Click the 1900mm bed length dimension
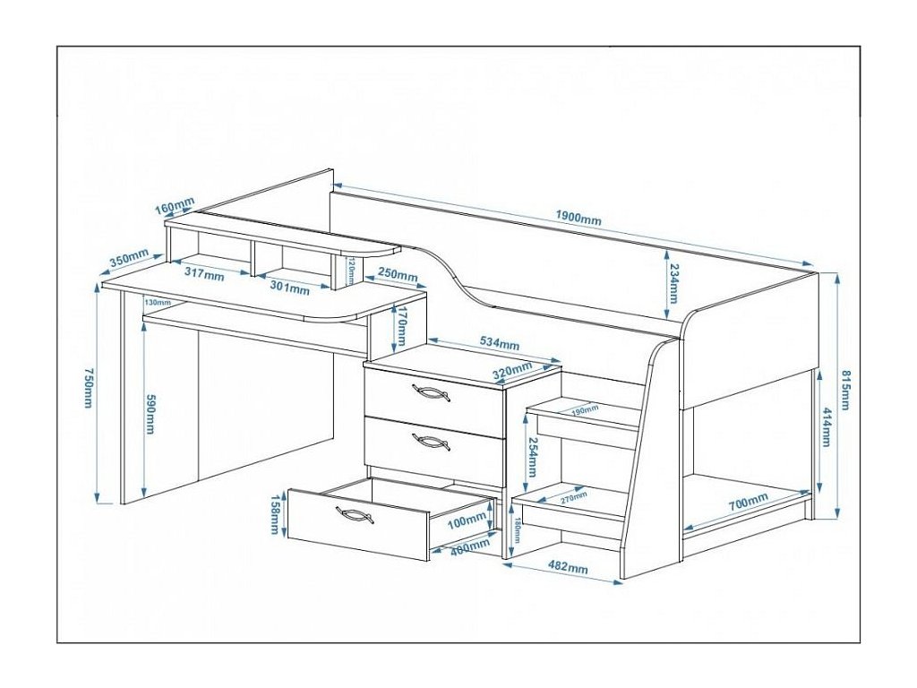click(578, 219)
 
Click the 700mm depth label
click(748, 503)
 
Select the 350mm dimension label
click(129, 261)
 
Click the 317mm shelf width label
click(203, 275)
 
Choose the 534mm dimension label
click(499, 343)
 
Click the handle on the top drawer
click(431, 392)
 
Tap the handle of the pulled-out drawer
click(355, 515)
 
